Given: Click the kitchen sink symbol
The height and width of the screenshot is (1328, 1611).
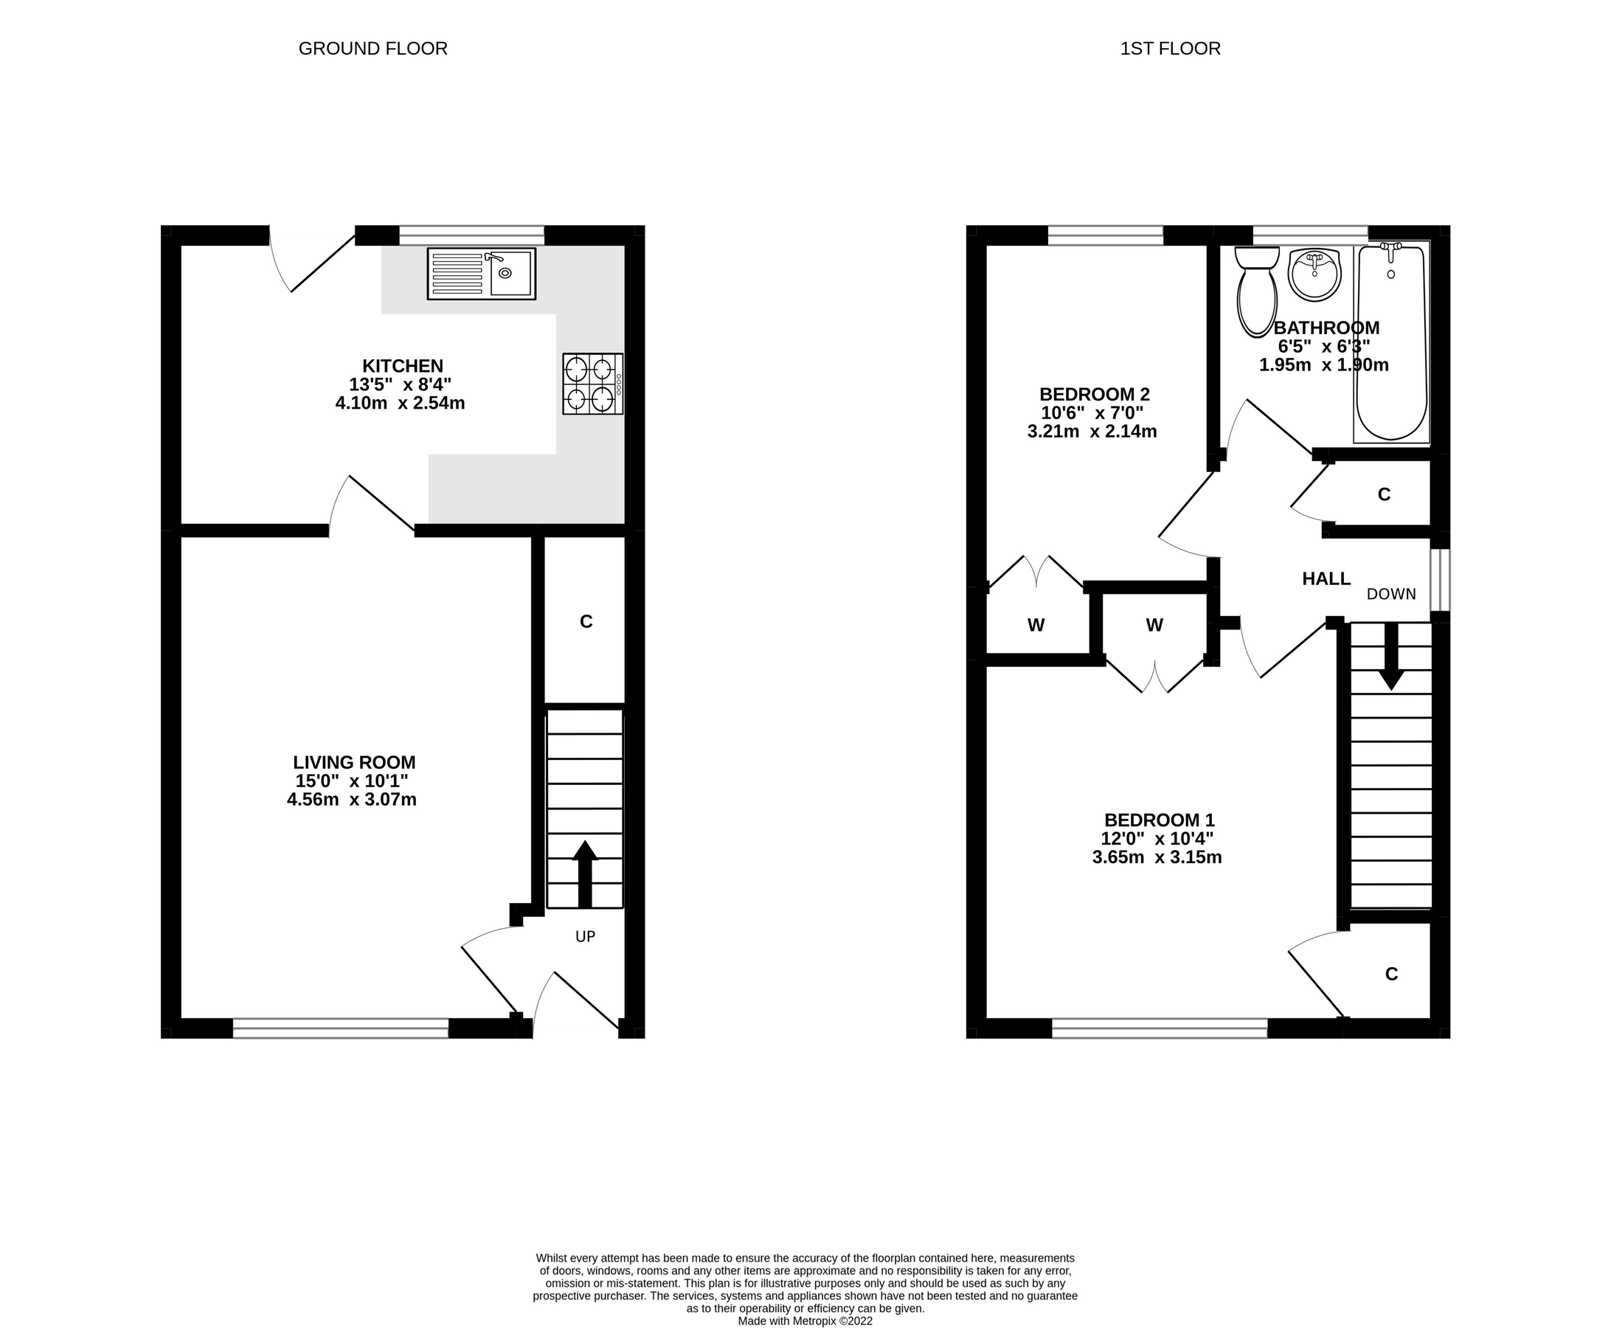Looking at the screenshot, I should pos(481,273).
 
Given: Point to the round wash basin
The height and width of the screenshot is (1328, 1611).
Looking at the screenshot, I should pos(1314,274).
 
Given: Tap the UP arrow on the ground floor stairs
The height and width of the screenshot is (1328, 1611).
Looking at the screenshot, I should pos(584,873).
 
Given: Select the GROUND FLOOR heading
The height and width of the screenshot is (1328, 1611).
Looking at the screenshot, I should pos(373,49).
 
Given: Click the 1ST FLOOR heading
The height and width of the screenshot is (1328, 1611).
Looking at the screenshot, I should pos(1170,49).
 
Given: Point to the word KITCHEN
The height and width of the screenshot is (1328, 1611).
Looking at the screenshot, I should pos(402,366).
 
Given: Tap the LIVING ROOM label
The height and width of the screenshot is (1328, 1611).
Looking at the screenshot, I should pos(354,762).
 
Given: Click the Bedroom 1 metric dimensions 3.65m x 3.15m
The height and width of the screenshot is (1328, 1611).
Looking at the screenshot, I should pos(1157,857).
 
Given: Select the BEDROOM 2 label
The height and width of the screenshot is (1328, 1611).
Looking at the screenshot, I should pos(1094,394).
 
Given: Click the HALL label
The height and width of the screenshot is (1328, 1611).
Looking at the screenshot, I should pos(1326,579).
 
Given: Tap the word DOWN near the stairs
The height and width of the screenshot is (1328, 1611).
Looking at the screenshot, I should pos(1390,594).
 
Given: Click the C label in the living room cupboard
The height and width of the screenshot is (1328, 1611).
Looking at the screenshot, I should pos(586,622).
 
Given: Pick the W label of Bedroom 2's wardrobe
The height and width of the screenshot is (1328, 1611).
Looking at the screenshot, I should pos(1036,626).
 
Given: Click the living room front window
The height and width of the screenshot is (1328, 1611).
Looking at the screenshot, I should pos(340,1028).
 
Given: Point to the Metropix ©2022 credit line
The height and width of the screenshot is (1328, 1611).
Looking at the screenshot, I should pos(805,1321).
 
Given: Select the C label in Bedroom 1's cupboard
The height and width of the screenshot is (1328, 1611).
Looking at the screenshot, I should pos(1390,974).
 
